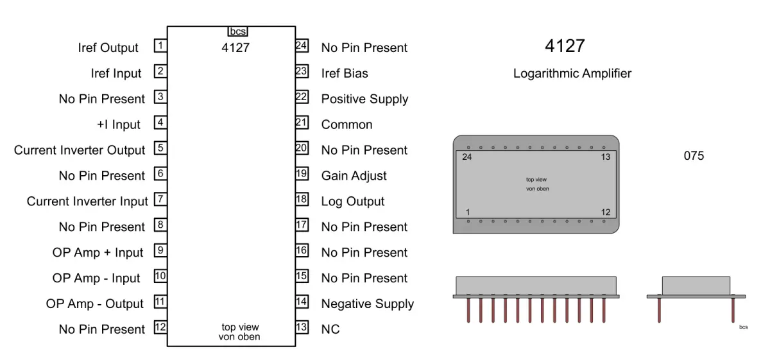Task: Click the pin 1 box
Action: pyautogui.click(x=160, y=46)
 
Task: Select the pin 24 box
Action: pyautogui.click(x=302, y=46)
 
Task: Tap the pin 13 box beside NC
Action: pyautogui.click(x=302, y=327)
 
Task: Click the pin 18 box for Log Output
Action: pyautogui.click(x=302, y=199)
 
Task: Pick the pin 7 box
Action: pyautogui.click(x=160, y=199)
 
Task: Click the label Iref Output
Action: pyautogui.click(x=108, y=48)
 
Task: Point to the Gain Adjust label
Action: pyautogui.click(x=354, y=176)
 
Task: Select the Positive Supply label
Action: pyautogui.click(x=364, y=99)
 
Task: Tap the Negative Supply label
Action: pyautogui.click(x=368, y=304)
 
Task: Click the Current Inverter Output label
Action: pyautogui.click(x=80, y=150)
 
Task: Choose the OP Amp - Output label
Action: pyautogui.click(x=95, y=304)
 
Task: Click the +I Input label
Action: pyautogui.click(x=119, y=124)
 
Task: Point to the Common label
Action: pyautogui.click(x=346, y=124)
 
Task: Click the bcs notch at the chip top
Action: pyautogui.click(x=237, y=31)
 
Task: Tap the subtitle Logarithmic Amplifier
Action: pyautogui.click(x=572, y=74)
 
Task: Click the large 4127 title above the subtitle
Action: pyautogui.click(x=565, y=46)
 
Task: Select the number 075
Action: pyautogui.click(x=694, y=156)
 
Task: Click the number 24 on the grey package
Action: pyautogui.click(x=467, y=157)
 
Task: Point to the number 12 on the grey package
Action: pyautogui.click(x=606, y=212)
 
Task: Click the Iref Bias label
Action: pyautogui.click(x=345, y=73)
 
